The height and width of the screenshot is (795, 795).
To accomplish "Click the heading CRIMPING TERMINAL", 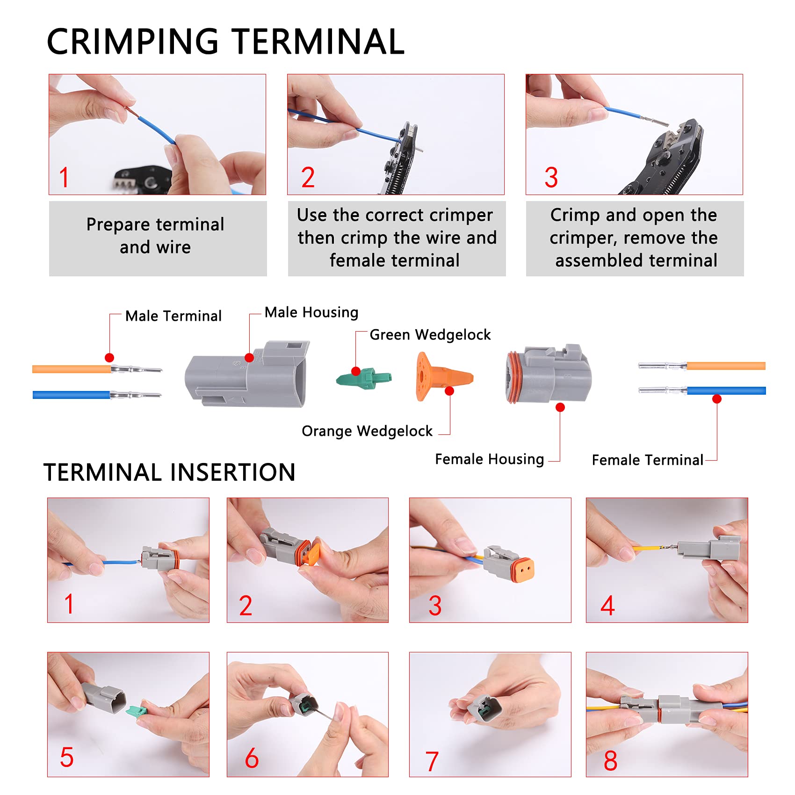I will pyautogui.click(x=225, y=41).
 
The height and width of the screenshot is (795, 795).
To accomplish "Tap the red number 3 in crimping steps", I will pyautogui.click(x=551, y=178).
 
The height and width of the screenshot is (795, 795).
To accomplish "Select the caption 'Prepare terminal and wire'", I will pyautogui.click(x=155, y=236).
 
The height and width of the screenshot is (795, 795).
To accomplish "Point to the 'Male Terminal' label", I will pyautogui.click(x=173, y=316).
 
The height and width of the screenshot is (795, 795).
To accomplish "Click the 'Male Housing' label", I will pyautogui.click(x=311, y=312).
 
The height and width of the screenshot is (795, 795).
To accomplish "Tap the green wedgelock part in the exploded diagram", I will pyautogui.click(x=364, y=378).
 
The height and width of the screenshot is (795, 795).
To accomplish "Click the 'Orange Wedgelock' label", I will pyautogui.click(x=367, y=431).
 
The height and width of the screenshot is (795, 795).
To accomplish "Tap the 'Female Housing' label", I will pyautogui.click(x=489, y=459).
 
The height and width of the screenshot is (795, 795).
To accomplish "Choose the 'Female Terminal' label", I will pyautogui.click(x=647, y=460).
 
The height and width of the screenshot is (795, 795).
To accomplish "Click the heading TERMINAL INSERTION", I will pyautogui.click(x=169, y=472).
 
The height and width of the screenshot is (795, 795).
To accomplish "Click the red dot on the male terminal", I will pyautogui.click(x=109, y=358).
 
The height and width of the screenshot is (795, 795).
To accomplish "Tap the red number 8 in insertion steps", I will pyautogui.click(x=610, y=760).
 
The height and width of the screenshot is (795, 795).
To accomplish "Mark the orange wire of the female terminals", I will pyautogui.click(x=725, y=366).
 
